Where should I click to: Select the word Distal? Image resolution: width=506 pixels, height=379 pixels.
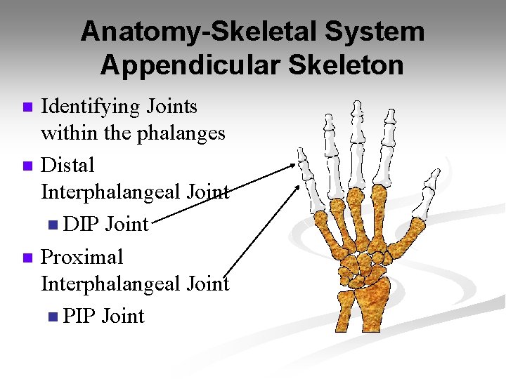click(x=67, y=166)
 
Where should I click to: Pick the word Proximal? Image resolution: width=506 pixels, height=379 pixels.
click(x=82, y=258)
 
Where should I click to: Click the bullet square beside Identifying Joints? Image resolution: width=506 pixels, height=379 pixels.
click(x=27, y=108)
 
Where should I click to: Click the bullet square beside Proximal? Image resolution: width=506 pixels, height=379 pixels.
click(x=27, y=259)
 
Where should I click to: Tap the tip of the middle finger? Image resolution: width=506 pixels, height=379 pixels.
click(x=358, y=105)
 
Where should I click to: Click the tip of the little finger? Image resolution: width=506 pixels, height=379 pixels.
click(x=301, y=150)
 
